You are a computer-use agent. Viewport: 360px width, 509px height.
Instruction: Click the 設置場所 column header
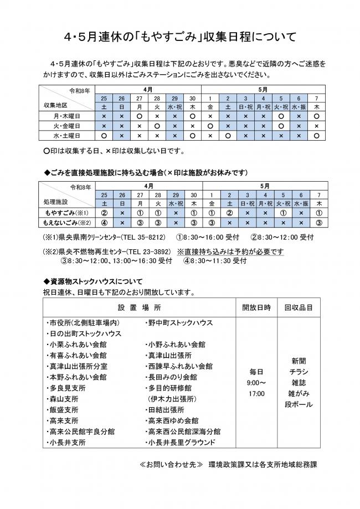139,306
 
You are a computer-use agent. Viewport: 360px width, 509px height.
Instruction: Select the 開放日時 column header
256,306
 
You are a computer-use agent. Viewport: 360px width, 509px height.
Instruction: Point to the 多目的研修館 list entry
169,388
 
